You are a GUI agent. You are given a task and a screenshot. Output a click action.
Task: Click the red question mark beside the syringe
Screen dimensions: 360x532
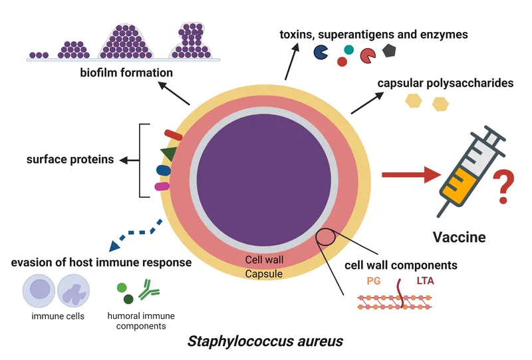pyautogui.click(x=505, y=188)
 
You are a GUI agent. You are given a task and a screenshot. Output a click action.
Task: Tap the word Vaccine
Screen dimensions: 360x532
pyautogui.click(x=460, y=237)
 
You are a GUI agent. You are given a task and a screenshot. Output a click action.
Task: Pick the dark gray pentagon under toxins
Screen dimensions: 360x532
pyautogui.click(x=390, y=52)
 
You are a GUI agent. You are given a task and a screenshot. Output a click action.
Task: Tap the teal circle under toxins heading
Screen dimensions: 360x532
pyautogui.click(x=348, y=49)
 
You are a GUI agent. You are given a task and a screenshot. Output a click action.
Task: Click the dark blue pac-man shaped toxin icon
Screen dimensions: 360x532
pyautogui.click(x=321, y=53)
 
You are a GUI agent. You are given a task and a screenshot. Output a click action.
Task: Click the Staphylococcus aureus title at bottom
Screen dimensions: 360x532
pyautogui.click(x=265, y=342)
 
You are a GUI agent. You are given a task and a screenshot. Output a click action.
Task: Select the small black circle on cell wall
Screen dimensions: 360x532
pyautogui.click(x=325, y=236)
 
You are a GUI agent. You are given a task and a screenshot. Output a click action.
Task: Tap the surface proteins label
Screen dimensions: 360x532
pyautogui.click(x=70, y=160)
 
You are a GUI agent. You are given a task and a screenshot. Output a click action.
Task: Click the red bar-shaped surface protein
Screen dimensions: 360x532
pyautogui.click(x=173, y=135)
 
